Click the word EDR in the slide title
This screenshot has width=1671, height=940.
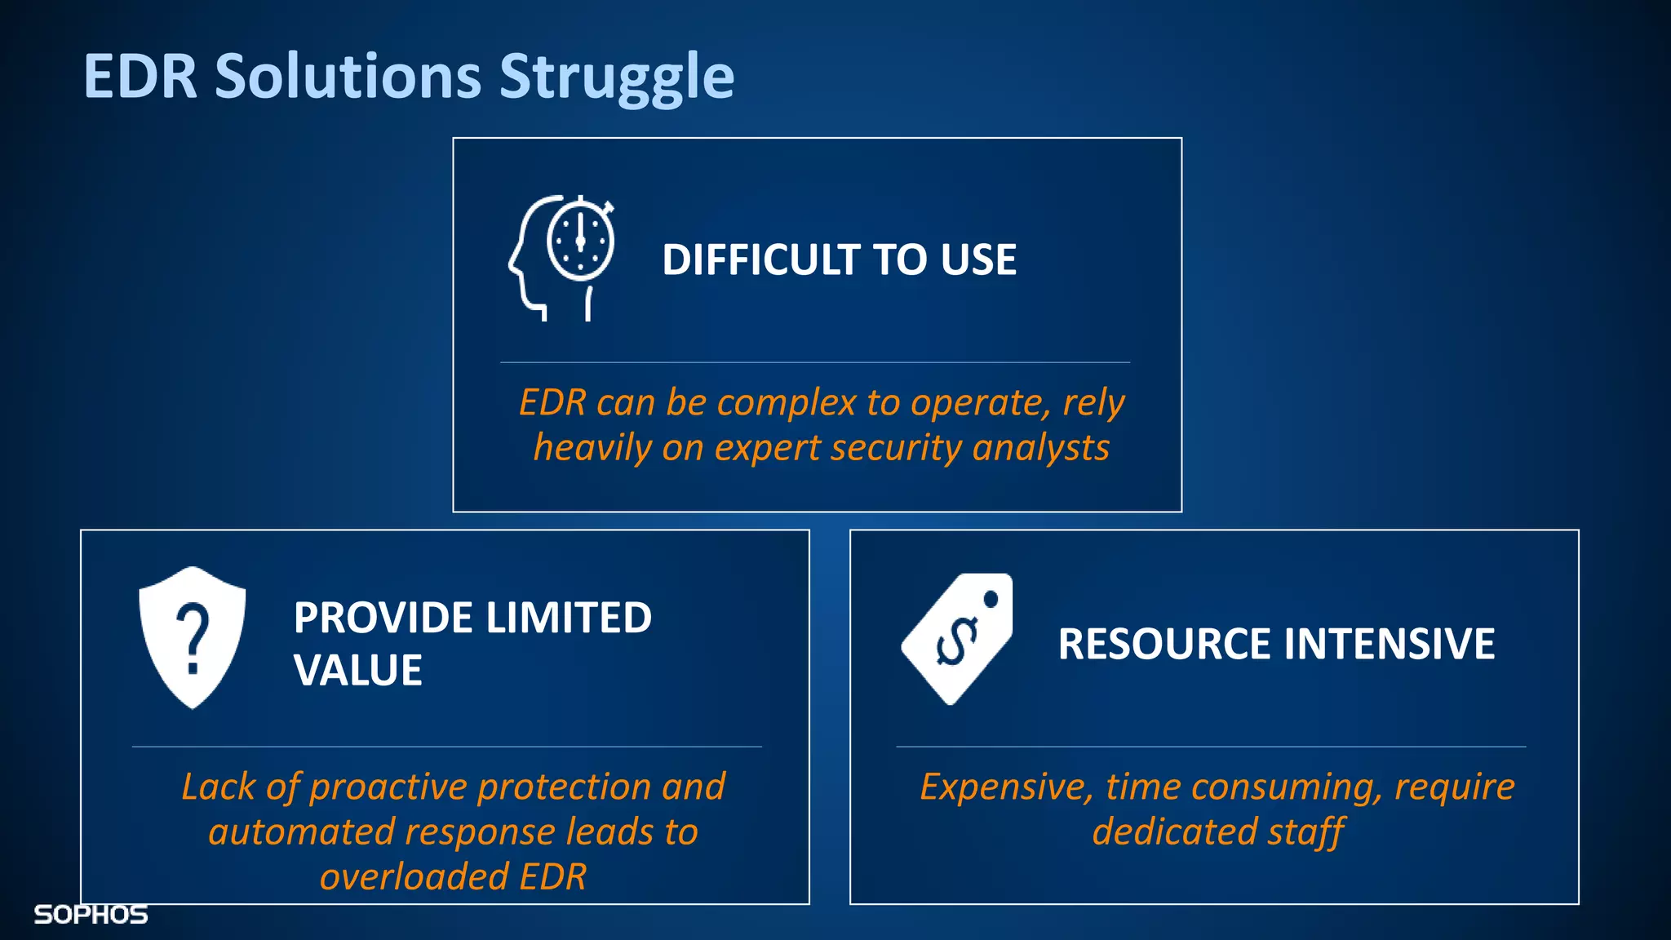[140, 78]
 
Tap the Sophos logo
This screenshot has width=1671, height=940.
[91, 915]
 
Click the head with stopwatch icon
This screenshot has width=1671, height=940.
[562, 258]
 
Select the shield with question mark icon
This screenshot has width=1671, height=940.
[193, 637]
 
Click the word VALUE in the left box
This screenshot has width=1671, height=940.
[357, 671]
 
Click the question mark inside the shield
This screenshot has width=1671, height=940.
[193, 637]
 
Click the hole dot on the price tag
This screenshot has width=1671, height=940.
[991, 600]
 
